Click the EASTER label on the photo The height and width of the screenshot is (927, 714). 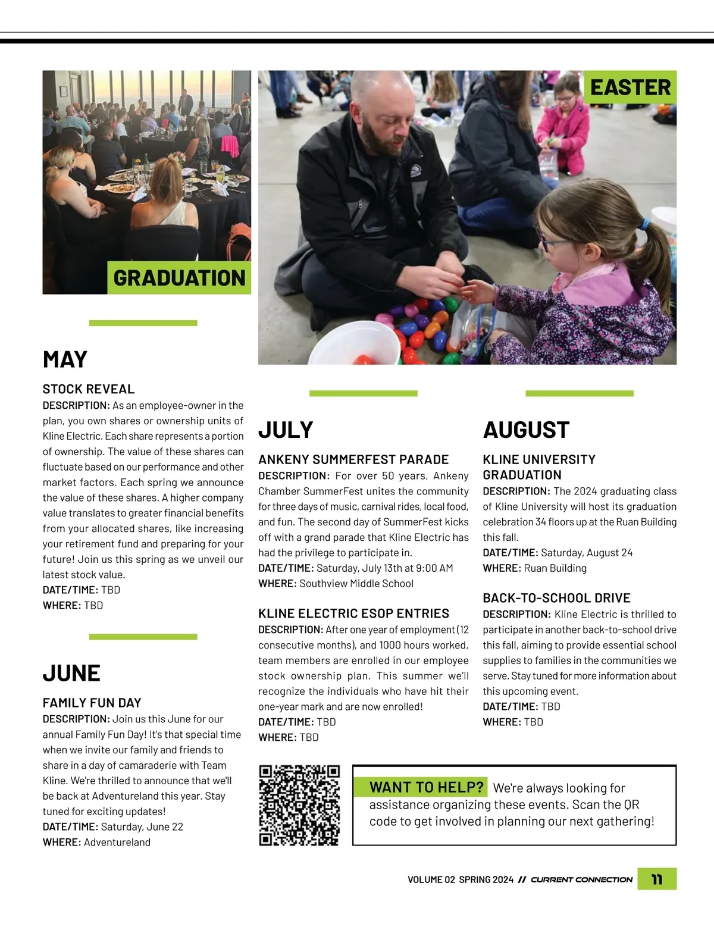coord(630,87)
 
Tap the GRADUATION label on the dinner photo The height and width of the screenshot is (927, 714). coord(179,278)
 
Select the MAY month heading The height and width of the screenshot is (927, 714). coord(65,359)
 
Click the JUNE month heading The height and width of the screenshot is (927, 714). coord(71,673)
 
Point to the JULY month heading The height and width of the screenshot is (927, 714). coord(286,430)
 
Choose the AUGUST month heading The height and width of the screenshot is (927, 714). coord(526,430)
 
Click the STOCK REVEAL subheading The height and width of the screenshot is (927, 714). coord(89,389)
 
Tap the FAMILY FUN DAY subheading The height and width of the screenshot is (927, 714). coord(92,703)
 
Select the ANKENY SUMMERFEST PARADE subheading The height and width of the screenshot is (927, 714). coord(353,459)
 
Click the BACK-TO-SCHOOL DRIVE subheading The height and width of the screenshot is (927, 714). coord(556,598)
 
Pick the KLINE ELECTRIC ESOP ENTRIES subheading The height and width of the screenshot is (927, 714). coord(353,613)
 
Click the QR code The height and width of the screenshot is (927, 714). coord(300,805)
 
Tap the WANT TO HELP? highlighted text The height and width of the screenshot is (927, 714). coord(426,787)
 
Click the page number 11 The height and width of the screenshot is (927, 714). coord(657,879)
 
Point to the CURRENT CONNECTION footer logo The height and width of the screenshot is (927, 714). coord(581,879)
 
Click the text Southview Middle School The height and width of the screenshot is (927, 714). coord(356,584)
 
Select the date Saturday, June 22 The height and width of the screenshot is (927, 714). coord(142,827)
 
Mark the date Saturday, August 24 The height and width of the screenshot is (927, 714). coord(586,553)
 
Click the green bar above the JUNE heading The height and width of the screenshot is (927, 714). coord(143,637)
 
